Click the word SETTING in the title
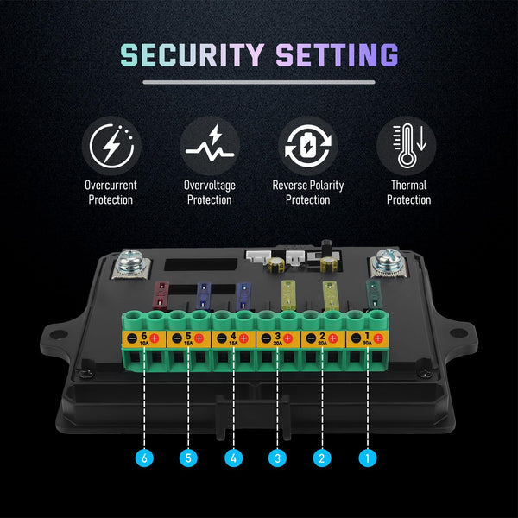tap(337, 54)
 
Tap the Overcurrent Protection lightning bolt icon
tap(111, 145)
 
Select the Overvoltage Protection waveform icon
tap(210, 145)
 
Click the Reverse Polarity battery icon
tap(308, 145)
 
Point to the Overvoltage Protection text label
tap(210, 193)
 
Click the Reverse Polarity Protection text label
tap(308, 193)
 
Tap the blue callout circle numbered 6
tap(145, 458)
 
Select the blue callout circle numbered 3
tap(277, 458)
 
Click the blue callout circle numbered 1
tap(367, 458)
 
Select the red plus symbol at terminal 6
tap(155, 338)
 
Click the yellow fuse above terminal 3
tap(289, 294)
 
